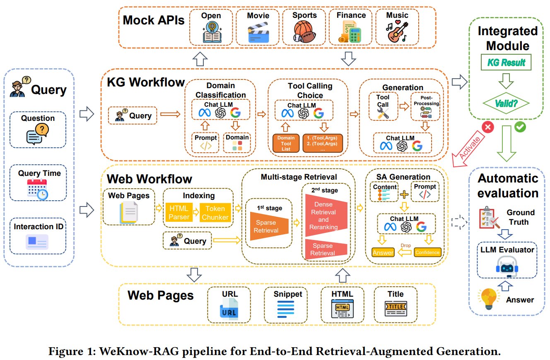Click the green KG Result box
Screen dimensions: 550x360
click(506, 62)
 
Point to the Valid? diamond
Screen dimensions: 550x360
click(506, 103)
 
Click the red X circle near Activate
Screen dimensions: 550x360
click(487, 127)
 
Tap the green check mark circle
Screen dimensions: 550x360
click(520, 127)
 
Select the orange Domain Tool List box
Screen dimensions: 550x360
click(286, 143)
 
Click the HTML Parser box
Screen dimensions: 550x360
click(179, 213)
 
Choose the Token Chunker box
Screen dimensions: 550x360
click(215, 213)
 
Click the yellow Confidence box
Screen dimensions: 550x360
click(427, 252)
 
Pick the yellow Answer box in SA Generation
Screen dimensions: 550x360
click(383, 252)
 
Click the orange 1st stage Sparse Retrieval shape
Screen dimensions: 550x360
click(269, 226)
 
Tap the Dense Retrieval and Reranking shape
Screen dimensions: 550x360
click(326, 216)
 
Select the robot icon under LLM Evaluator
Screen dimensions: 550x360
click(507, 266)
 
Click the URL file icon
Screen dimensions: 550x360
click(229, 309)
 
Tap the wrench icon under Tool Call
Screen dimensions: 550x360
click(383, 114)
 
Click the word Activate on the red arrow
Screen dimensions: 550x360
click(470, 148)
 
